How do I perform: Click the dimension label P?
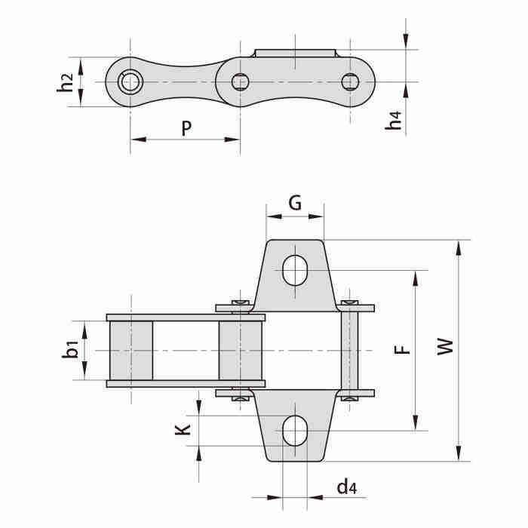coord(186,128)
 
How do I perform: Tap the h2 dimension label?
coord(65,82)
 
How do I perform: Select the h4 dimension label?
coord(394,120)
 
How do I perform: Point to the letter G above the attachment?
coord(295,203)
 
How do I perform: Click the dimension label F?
coord(402,350)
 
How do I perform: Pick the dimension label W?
coord(445,347)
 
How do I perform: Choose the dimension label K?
coord(183,430)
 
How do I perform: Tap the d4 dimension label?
coord(346,487)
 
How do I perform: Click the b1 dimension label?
coord(70,349)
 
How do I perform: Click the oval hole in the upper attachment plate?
coord(295,270)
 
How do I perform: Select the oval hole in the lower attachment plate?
coord(295,431)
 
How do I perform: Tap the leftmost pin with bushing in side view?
coord(130,81)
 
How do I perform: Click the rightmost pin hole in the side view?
coord(350,81)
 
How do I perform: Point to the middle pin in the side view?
coord(240,81)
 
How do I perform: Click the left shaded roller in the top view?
coord(131,351)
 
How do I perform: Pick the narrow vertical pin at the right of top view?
coord(350,351)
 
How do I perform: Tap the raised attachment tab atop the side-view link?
coord(295,54)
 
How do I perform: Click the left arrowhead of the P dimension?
coord(138,140)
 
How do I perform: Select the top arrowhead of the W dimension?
coord(459,248)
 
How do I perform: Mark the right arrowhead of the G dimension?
coord(316,216)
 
